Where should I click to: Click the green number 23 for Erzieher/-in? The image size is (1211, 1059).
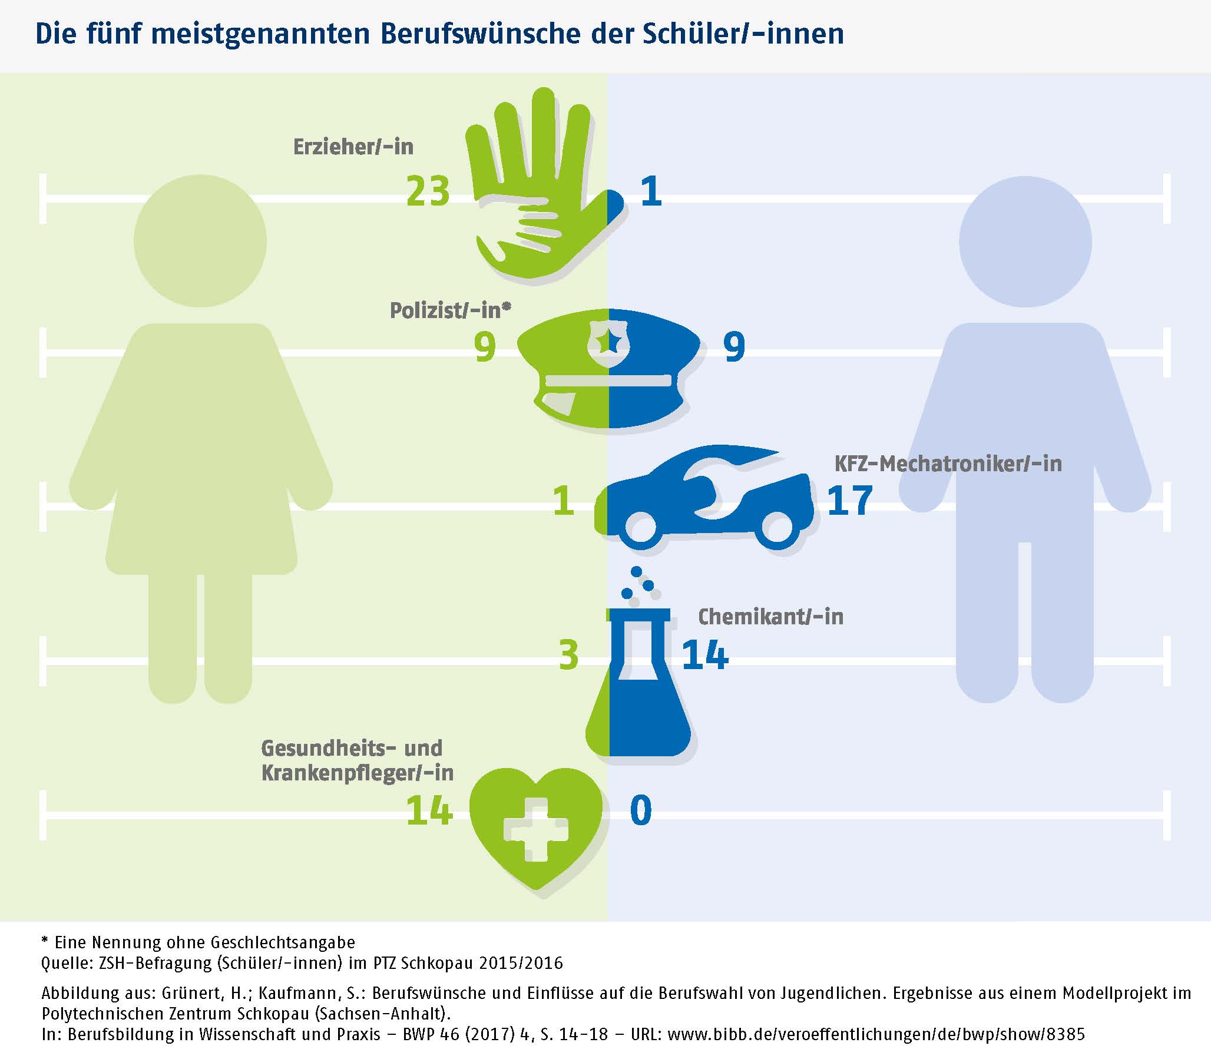[428, 191]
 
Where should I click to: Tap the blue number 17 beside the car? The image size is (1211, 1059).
[849, 501]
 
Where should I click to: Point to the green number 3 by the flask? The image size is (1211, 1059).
[568, 656]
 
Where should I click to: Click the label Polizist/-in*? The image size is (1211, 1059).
[450, 310]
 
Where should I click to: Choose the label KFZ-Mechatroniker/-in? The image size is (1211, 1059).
[947, 464]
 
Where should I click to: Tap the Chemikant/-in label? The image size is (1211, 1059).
[770, 617]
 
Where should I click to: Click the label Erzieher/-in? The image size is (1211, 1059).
[353, 147]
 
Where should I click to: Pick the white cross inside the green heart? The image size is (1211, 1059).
[535, 830]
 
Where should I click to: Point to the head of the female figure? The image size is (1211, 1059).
[200, 240]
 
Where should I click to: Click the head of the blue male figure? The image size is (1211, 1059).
[1025, 241]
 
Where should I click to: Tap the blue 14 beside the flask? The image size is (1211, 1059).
[704, 656]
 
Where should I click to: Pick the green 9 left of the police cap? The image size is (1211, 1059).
[485, 347]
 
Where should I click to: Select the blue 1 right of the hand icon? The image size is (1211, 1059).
[651, 191]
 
